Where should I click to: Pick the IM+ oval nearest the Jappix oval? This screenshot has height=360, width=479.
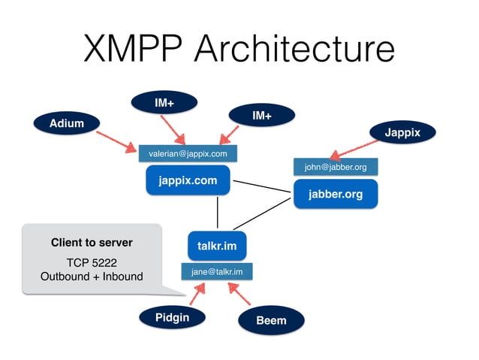pos(261,116)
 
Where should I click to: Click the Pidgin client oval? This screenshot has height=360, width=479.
pos(172,317)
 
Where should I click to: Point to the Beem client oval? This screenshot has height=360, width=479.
pos(271,321)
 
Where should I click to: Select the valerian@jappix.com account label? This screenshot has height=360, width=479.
pos(188,153)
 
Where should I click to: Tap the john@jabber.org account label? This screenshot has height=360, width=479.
pos(335,166)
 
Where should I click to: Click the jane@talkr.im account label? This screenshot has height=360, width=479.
pos(217,271)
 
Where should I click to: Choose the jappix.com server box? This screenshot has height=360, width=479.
pos(188,181)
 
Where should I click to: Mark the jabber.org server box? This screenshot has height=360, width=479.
pos(335,194)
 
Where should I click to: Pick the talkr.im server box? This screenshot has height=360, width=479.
pos(217,246)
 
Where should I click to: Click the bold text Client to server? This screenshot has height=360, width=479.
pos(91,243)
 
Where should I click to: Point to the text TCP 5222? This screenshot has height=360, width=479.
pos(91,263)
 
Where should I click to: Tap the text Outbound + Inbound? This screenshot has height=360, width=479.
pos(91,277)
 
